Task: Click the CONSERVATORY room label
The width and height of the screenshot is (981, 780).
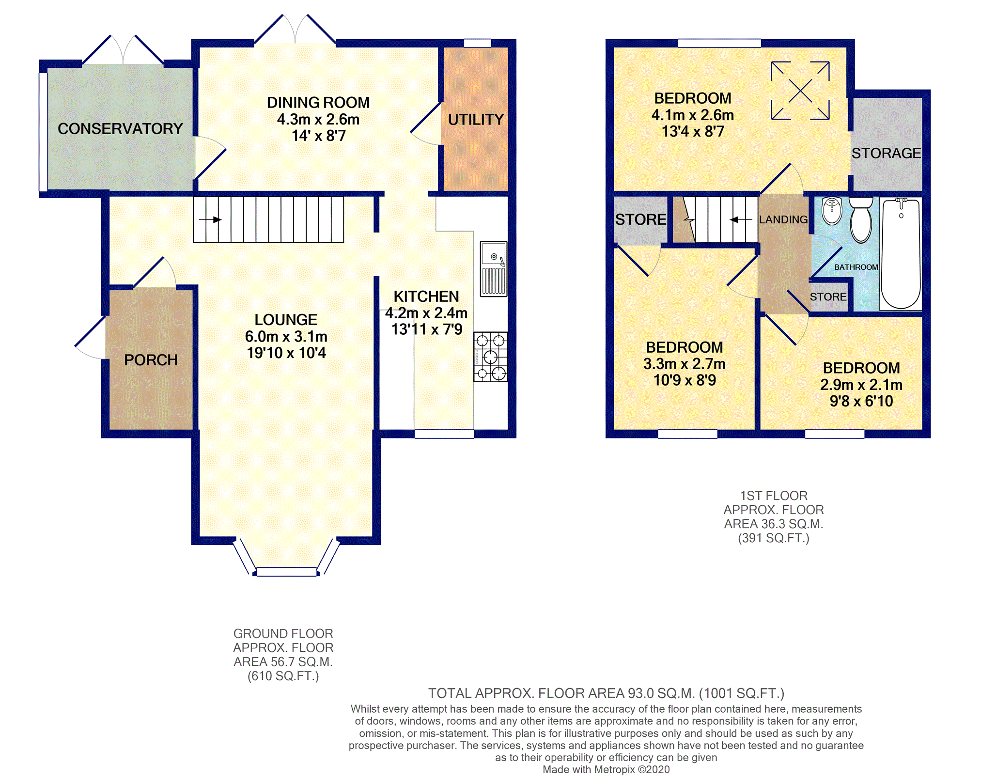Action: (x=120, y=128)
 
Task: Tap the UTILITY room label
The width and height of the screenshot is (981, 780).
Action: (x=476, y=119)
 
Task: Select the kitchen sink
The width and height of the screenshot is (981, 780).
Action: (x=493, y=269)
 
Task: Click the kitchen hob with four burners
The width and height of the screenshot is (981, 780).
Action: (x=490, y=357)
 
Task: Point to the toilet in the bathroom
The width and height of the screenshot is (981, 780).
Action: (x=861, y=219)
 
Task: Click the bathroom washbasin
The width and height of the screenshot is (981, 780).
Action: (x=832, y=210)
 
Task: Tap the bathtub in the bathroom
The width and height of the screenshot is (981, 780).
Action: (x=901, y=254)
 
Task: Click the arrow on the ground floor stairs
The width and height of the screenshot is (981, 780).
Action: (x=210, y=219)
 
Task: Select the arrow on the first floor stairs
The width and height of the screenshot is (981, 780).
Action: (x=741, y=219)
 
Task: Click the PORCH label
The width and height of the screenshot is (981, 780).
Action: (x=151, y=360)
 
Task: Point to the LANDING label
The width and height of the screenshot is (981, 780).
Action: (x=783, y=219)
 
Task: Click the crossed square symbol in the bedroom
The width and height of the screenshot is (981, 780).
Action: (x=800, y=90)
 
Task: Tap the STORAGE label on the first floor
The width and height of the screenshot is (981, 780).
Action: (x=886, y=153)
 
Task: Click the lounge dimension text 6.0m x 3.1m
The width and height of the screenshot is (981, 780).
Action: (x=286, y=336)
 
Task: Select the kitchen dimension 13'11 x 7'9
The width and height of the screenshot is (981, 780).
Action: (x=426, y=329)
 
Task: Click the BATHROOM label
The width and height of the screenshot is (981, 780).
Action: (x=856, y=267)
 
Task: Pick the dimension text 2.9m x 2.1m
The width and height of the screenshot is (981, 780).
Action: (x=861, y=385)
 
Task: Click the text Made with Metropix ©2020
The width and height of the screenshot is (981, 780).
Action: (x=606, y=769)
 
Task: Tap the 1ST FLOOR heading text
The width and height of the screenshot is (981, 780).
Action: (x=774, y=496)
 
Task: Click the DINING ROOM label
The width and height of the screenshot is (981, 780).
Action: (x=318, y=103)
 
